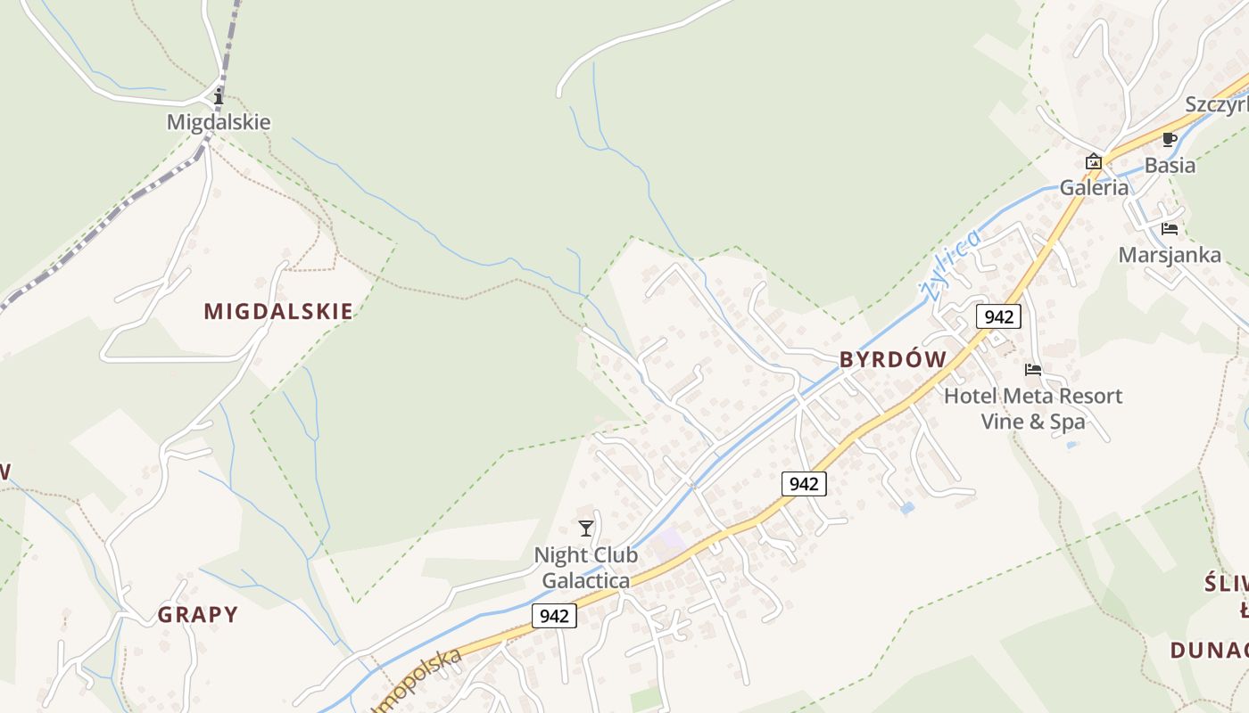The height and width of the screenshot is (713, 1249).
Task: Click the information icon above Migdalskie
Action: (x=219, y=96)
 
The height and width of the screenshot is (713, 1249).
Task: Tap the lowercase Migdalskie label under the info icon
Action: (x=219, y=122)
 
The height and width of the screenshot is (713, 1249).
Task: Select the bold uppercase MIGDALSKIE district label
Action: (x=278, y=311)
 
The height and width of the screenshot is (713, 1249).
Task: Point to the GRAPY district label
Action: (x=198, y=614)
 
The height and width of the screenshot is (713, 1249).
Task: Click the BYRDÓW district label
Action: (x=893, y=359)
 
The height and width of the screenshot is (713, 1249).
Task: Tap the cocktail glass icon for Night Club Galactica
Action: (x=585, y=529)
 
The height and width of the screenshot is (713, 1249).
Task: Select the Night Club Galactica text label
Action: (x=586, y=568)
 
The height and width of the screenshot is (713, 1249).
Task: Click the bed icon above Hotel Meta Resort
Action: (x=1033, y=369)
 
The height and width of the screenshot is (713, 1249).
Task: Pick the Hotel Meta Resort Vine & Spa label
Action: (x=1033, y=408)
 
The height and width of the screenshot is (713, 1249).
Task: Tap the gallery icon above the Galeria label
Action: (x=1093, y=161)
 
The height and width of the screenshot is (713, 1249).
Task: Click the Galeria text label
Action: (x=1094, y=187)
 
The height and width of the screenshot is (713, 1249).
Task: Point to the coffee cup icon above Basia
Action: (x=1170, y=139)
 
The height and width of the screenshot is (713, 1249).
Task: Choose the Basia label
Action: (x=1170, y=165)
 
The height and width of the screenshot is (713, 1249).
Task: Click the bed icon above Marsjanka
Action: (x=1170, y=229)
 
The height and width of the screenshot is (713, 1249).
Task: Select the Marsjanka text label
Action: (x=1170, y=255)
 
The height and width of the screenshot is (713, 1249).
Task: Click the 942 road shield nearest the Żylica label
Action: (x=998, y=316)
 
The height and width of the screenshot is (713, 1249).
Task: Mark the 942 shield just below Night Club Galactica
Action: (x=554, y=616)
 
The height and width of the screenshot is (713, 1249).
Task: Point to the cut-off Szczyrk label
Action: (x=1217, y=104)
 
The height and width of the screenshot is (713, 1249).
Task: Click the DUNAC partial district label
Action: (x=1210, y=649)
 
